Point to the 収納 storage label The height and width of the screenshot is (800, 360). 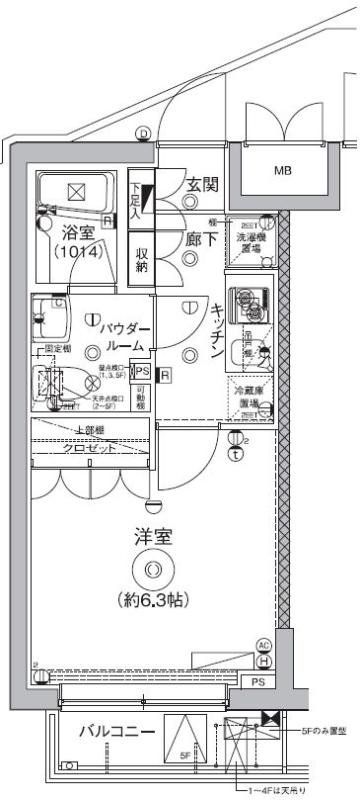coord(142,258)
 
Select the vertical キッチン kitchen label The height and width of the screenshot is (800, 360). coord(215,331)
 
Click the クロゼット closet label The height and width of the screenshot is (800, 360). coord(92,448)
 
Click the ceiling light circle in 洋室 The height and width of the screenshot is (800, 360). coord(153,570)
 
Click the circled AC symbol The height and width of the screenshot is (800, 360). coord(264,645)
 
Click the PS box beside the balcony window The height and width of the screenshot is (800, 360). coord(258,684)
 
